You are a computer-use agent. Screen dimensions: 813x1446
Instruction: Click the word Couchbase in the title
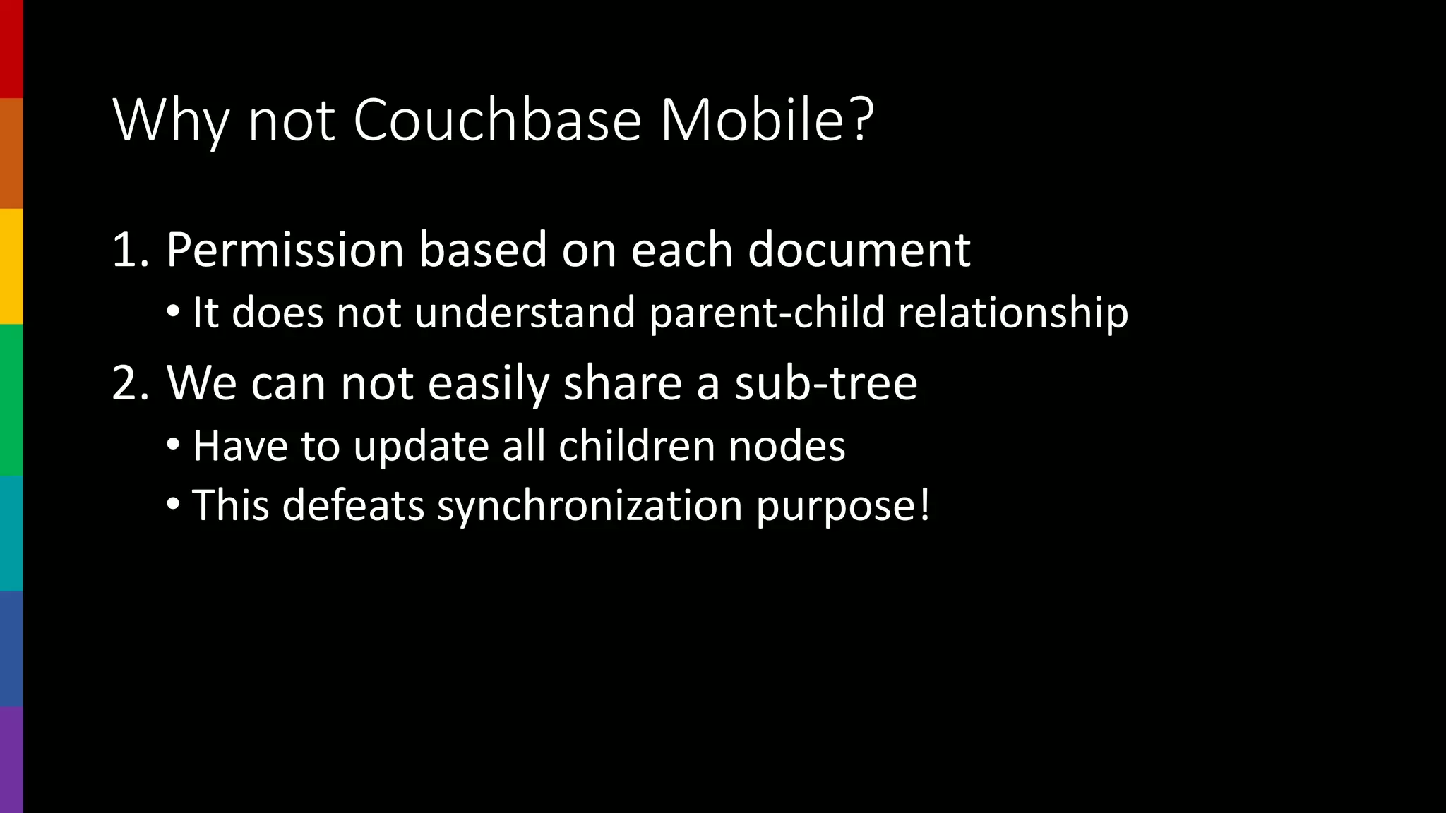click(496, 120)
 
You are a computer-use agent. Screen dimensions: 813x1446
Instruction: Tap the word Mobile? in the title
click(767, 120)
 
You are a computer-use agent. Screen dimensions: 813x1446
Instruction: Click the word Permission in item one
click(285, 250)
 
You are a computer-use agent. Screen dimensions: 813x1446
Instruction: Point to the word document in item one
click(859, 250)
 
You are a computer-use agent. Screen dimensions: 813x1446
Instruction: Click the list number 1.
click(130, 250)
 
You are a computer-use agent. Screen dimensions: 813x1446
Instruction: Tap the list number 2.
click(130, 383)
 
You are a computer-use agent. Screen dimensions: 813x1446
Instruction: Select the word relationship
click(1012, 313)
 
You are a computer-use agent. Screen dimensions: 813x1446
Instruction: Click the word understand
click(525, 313)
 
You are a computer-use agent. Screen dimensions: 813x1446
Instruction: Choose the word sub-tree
click(825, 383)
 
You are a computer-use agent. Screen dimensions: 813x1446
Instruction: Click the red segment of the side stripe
click(11, 49)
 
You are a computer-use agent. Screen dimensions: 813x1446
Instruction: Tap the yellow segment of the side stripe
click(11, 266)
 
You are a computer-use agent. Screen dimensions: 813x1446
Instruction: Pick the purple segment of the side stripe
click(11, 759)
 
